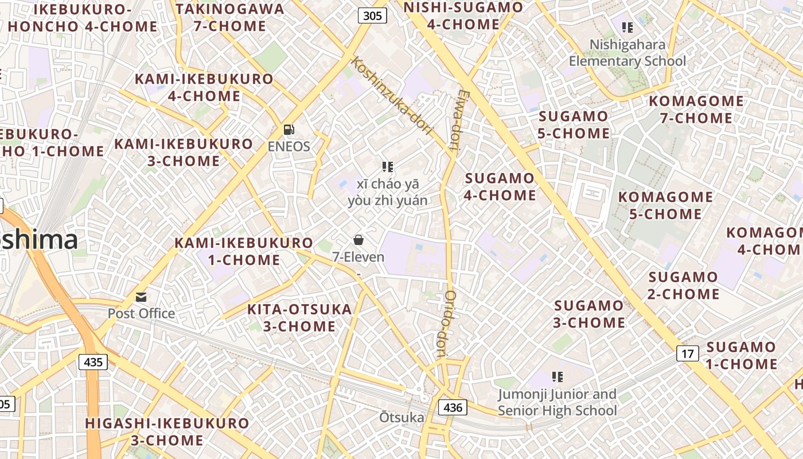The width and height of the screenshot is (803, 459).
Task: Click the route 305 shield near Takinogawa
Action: pyautogui.click(x=372, y=15)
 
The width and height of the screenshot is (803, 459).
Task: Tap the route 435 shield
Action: pyautogui.click(x=93, y=362)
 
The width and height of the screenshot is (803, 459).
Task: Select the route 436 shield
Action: pyautogui.click(x=453, y=408)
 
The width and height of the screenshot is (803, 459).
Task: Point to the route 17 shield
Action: pyautogui.click(x=687, y=353)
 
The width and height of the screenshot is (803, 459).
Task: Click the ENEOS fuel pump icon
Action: pyautogui.click(x=289, y=130)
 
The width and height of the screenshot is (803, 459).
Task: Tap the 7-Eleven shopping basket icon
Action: pyautogui.click(x=358, y=240)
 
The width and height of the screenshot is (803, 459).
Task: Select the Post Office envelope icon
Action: pyautogui.click(x=141, y=297)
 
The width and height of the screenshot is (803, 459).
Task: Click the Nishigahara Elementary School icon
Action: pyautogui.click(x=627, y=27)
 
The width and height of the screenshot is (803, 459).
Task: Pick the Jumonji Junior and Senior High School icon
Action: pyautogui.click(x=557, y=377)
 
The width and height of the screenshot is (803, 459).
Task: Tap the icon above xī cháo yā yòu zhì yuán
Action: pyautogui.click(x=388, y=167)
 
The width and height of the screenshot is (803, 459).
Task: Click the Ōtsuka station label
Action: pyautogui.click(x=402, y=418)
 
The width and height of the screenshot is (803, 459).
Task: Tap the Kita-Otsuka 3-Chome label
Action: pyautogui.click(x=299, y=318)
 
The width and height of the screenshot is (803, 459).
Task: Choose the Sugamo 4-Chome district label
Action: pyautogui.click(x=500, y=186)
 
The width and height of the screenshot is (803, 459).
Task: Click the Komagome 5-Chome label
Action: pyautogui.click(x=665, y=205)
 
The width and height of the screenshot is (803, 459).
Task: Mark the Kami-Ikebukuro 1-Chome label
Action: pyautogui.click(x=244, y=251)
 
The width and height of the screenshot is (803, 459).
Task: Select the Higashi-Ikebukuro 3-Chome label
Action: pyautogui.click(x=167, y=432)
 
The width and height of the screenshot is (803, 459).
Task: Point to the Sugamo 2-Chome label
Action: pyautogui.click(x=683, y=286)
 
